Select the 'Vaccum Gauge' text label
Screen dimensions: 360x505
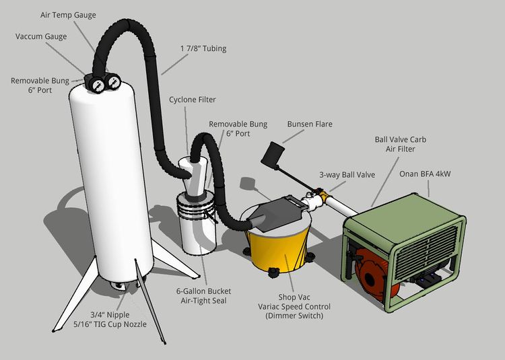point(41,36)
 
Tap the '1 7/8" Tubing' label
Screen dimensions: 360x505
point(203,48)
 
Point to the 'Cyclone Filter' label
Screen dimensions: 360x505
point(192,100)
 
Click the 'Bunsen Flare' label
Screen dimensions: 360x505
point(310,124)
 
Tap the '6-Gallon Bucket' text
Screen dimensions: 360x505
point(203,291)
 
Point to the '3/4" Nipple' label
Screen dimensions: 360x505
point(110,314)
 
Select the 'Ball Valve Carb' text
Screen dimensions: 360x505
point(400,139)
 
